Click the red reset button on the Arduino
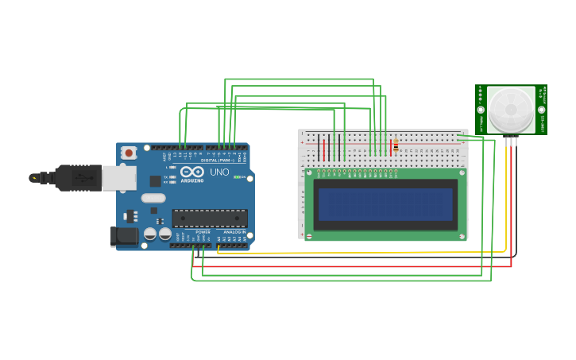coord(128,152)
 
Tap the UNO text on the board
coord(219,172)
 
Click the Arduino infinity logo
coord(191,171)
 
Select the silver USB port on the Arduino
coord(119,178)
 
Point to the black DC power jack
coord(123,236)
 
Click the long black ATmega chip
coord(210,218)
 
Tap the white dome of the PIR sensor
coord(511,109)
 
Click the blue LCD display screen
coord(385,204)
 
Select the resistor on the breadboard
coord(396,146)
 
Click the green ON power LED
coord(236,177)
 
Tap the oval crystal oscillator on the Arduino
coord(153,198)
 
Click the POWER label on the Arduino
coord(203,231)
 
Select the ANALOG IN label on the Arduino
coord(234,231)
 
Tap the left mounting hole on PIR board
coord(481,110)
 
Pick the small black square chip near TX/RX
coord(155,181)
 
